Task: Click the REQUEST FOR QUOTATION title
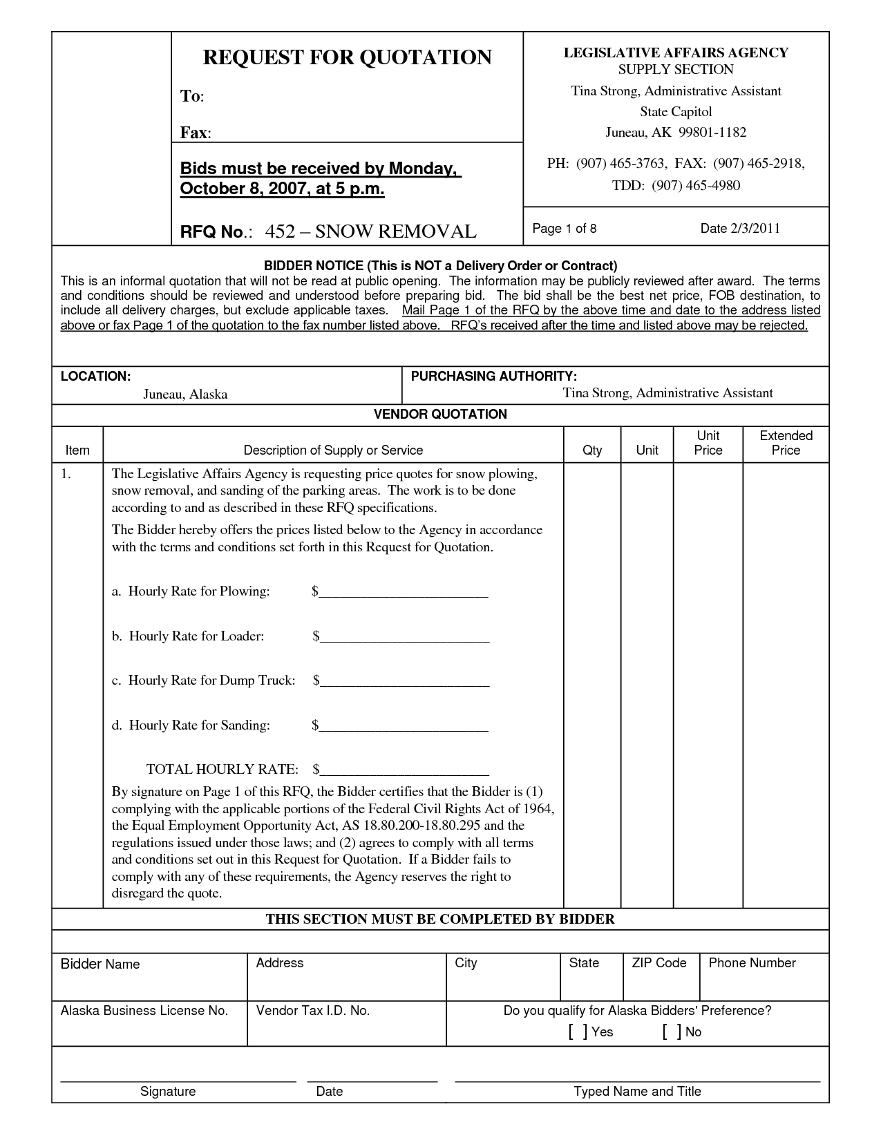click(x=347, y=57)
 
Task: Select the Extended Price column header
click(x=786, y=443)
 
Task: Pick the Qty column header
click(x=592, y=450)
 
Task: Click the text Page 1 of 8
click(x=565, y=229)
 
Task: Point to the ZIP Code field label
click(x=659, y=963)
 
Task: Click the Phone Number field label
click(x=752, y=963)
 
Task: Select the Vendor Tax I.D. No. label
click(x=313, y=1011)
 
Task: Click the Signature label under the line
click(x=168, y=1092)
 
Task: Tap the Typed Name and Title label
click(x=637, y=1092)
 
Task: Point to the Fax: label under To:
click(x=196, y=133)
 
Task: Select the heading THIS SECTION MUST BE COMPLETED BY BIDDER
click(x=440, y=919)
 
